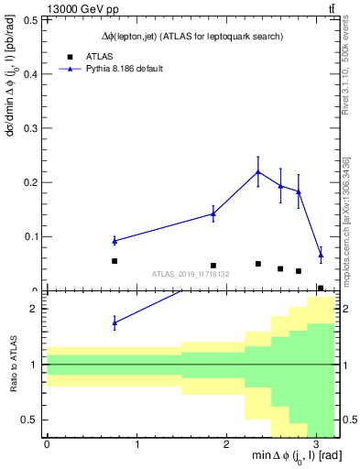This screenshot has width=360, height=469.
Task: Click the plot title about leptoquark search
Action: (191, 36)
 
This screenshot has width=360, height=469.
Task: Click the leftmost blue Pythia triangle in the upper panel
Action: (115, 241)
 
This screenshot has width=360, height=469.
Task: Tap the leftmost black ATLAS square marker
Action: (115, 261)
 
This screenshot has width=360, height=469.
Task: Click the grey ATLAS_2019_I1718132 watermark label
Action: (191, 274)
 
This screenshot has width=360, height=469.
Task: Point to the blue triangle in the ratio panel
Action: (115, 322)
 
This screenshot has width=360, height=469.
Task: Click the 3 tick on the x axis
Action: (315, 445)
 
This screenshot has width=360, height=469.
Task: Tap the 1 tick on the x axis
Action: (136, 445)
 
